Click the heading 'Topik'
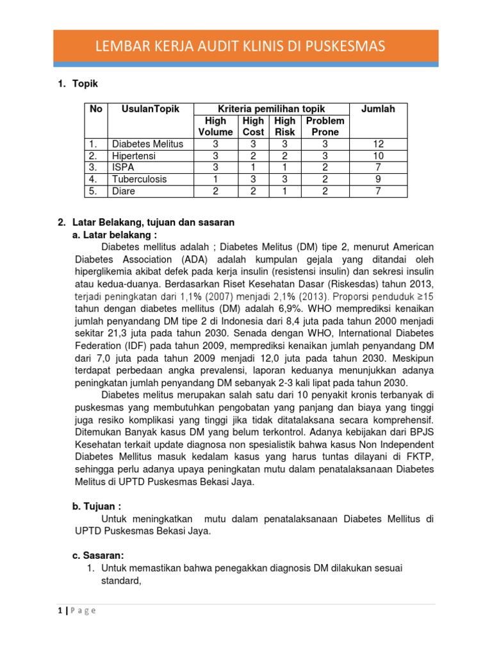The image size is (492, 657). (x=85, y=84)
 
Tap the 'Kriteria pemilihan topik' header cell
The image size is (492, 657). (x=272, y=109)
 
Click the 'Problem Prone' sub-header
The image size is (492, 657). (x=325, y=126)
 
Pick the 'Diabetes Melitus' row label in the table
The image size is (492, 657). (x=147, y=144)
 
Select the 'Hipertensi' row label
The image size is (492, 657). (x=134, y=156)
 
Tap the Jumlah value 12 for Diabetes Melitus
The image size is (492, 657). (x=378, y=144)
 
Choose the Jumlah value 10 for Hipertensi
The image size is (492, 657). (x=378, y=156)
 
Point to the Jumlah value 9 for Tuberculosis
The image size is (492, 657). (x=378, y=179)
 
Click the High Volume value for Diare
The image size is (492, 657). (x=215, y=191)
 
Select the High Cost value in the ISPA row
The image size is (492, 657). (x=253, y=167)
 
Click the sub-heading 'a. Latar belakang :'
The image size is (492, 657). (x=115, y=235)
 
